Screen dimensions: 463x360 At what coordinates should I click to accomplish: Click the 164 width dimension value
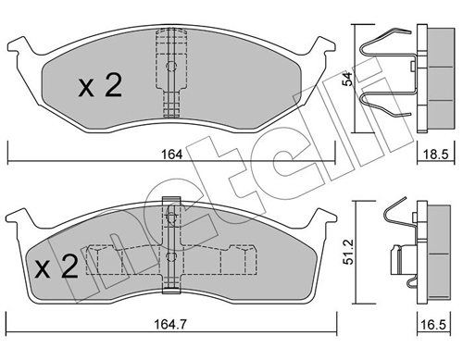172,155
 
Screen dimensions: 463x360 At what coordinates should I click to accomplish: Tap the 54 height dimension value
348,79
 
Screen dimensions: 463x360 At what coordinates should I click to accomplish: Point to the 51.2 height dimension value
348,252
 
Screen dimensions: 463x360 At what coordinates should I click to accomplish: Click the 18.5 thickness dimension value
435,155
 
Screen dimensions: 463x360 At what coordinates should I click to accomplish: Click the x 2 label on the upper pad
100,85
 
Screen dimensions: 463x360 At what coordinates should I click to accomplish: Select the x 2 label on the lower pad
56,267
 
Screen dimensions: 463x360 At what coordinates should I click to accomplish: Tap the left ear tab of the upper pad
19,45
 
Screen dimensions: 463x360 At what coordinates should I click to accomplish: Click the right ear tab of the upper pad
323,45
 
